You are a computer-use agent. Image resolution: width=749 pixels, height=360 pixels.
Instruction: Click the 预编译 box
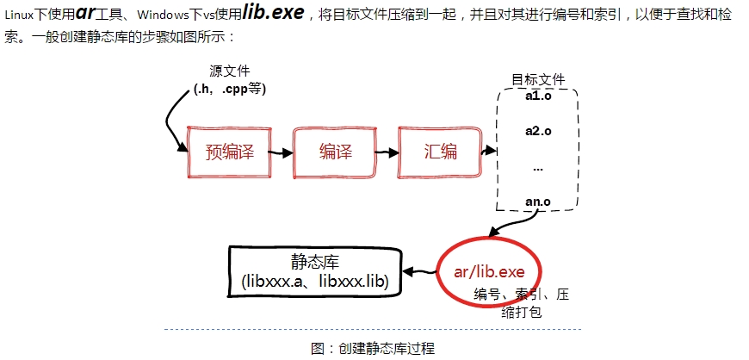[x=229, y=152]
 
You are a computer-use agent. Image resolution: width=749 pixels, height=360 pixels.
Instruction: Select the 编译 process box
[x=336, y=152]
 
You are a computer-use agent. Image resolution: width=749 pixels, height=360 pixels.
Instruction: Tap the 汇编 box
[x=441, y=152]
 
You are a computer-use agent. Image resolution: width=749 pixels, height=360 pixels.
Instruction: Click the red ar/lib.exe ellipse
[x=488, y=272]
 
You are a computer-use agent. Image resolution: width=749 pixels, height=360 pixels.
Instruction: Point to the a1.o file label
[x=538, y=96]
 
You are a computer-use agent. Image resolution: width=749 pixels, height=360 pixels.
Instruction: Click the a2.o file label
[x=538, y=131]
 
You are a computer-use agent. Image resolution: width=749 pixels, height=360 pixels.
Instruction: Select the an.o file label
[x=538, y=202]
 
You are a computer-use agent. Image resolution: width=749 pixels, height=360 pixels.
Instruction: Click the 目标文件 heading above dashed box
[x=539, y=79]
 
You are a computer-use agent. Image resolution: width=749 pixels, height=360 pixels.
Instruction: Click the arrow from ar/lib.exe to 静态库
[x=419, y=272]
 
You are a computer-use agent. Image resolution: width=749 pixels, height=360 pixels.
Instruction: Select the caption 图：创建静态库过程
[x=373, y=348]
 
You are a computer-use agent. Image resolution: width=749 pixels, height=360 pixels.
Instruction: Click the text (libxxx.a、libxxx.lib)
[x=314, y=282]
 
